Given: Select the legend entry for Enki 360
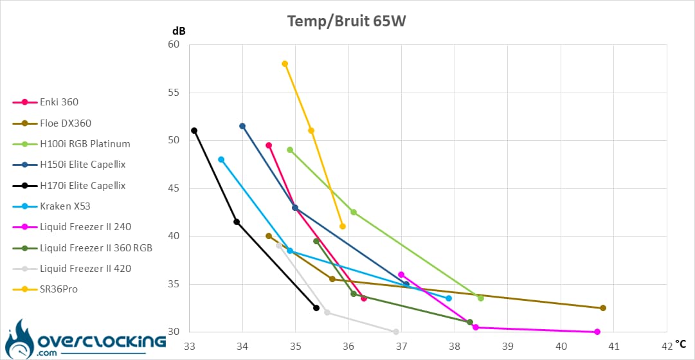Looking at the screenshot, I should pyautogui.click(x=59, y=102).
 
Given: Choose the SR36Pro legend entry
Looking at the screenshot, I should pyautogui.click(x=59, y=289).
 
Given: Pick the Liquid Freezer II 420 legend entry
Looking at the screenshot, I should pyautogui.click(x=86, y=269).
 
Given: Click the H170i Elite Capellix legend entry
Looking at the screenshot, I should pyautogui.click(x=82, y=186).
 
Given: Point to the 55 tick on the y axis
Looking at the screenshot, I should pyautogui.click(x=173, y=93).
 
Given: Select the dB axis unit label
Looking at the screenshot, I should pyautogui.click(x=179, y=31).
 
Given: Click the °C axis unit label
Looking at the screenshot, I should pyautogui.click(x=681, y=345).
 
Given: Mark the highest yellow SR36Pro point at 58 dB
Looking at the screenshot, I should pyautogui.click(x=285, y=64).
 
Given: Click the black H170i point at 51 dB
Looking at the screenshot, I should pyautogui.click(x=194, y=130).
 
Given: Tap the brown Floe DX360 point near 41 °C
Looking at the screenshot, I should pyautogui.click(x=603, y=308).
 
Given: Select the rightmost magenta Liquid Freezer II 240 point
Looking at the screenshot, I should pyautogui.click(x=597, y=332).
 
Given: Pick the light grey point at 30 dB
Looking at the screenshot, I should pyautogui.click(x=396, y=332).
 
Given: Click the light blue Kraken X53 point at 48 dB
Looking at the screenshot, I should pyautogui.click(x=221, y=159).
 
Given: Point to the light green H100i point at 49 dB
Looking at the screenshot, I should pyautogui.click(x=290, y=150).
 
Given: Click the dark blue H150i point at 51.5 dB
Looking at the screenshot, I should pyautogui.click(x=242, y=126).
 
